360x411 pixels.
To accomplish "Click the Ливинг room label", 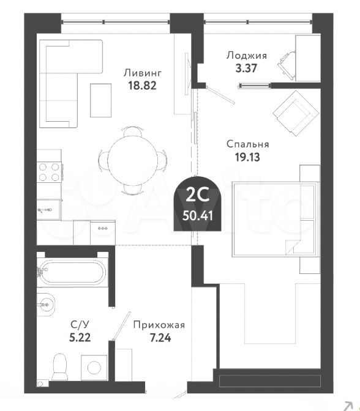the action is coord(143,73).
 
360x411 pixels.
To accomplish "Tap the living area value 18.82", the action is coord(142,86).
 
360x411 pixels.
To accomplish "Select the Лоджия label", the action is coord(247,56).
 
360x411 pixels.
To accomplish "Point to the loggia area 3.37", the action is coord(246,68).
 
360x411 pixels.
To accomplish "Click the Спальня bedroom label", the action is coord(248,144).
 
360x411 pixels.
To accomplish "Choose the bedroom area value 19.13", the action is coord(247,157).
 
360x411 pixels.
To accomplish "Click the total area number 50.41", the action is coord(198,217).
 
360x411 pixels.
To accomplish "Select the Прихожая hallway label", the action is coord(159,325).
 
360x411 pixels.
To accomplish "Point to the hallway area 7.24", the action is coord(160,338).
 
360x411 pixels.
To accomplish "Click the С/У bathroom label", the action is coord(80,325).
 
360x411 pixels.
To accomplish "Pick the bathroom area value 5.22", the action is coord(80,338).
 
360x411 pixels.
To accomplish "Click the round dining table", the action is coord(133,161).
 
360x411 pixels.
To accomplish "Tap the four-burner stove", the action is coord(50,172).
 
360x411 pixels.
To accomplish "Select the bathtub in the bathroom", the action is coord(72,272).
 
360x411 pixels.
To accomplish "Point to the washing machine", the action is coord(94,368).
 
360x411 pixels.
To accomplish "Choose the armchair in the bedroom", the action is coord(296,114).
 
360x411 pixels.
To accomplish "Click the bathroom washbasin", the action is coord(46,305).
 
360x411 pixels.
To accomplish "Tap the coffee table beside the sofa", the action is coord(101,100).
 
